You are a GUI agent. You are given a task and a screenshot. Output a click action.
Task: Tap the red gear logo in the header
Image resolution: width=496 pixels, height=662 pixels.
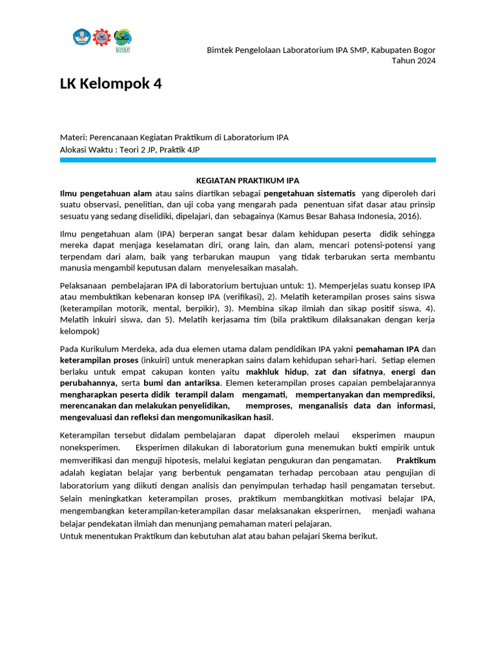(x=101, y=37)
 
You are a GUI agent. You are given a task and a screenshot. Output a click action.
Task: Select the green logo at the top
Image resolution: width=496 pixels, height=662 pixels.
(x=122, y=37)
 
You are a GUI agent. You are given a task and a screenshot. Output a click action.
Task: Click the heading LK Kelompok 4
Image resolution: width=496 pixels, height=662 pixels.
(x=110, y=84)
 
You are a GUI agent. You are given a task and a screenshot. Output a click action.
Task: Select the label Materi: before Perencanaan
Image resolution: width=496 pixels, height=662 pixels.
(x=74, y=137)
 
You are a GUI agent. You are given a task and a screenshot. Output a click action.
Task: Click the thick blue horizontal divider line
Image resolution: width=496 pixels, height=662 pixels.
(x=247, y=160)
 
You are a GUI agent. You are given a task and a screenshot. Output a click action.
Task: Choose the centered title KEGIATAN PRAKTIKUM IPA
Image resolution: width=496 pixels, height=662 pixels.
(x=248, y=180)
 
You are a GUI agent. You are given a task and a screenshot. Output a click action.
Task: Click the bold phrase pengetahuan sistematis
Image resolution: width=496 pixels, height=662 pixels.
(x=309, y=193)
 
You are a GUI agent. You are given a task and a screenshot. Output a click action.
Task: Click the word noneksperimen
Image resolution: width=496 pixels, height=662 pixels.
(x=89, y=447)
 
